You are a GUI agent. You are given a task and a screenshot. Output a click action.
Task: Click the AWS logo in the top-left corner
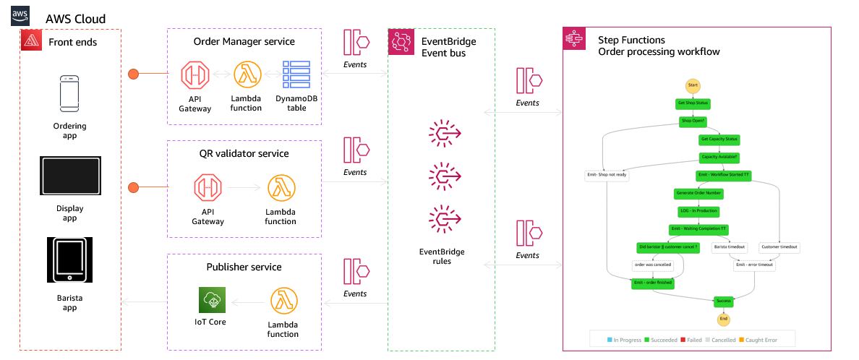pos(20,16)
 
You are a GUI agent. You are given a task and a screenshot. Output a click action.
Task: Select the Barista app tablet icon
pos(69,260)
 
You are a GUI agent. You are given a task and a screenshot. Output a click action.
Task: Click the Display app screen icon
pos(69,174)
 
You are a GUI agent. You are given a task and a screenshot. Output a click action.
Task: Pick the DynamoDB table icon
pos(296,75)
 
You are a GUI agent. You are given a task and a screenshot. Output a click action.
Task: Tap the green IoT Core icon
pos(213,301)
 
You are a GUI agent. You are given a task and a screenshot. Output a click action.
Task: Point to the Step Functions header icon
pos(575,39)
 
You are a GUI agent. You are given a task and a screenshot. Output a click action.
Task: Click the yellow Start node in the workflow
pos(692,85)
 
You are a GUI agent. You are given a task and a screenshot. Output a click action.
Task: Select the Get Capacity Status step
pos(719,139)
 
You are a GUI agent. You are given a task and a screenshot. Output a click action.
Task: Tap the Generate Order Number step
pos(698,193)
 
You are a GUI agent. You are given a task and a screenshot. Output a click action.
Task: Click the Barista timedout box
pos(729,247)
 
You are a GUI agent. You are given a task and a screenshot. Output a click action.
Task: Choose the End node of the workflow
pos(723,319)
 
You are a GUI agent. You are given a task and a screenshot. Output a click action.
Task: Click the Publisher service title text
pos(244,267)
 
